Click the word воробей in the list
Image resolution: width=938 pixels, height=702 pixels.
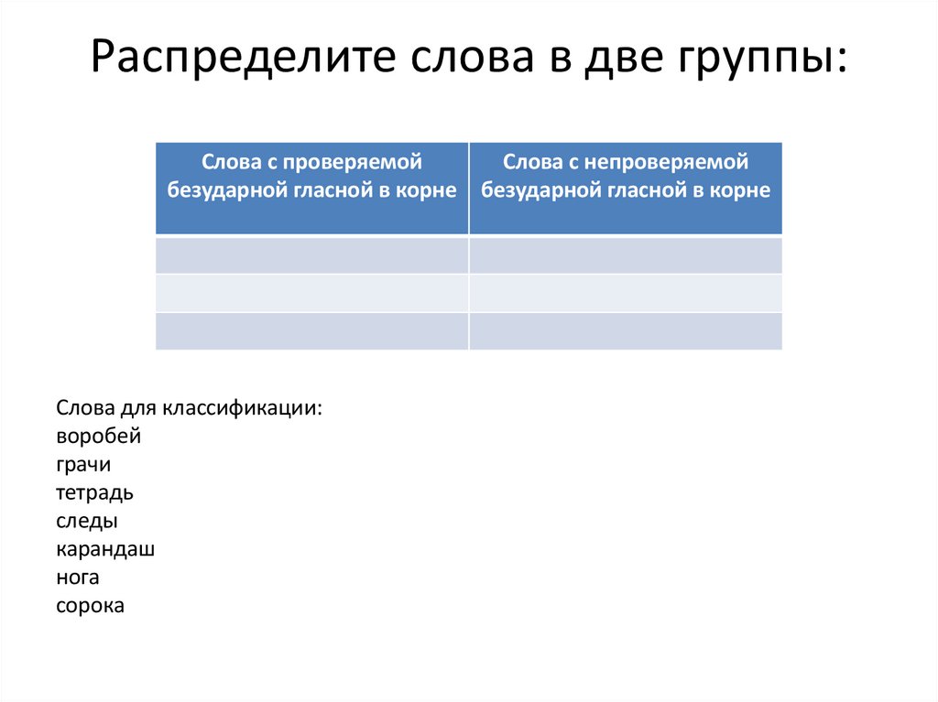(x=99, y=437)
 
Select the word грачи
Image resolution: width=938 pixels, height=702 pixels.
(x=83, y=465)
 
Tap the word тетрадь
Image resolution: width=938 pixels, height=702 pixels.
(x=95, y=493)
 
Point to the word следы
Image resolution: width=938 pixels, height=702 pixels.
(x=87, y=521)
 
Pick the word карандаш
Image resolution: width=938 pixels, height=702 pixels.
(x=105, y=549)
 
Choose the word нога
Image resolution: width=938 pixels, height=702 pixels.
(x=78, y=578)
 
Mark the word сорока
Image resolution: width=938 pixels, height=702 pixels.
(x=90, y=605)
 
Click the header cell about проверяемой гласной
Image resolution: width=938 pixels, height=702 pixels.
(x=312, y=189)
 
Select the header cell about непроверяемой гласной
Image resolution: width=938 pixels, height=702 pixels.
(x=626, y=189)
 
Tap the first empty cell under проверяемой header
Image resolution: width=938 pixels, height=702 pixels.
(x=312, y=255)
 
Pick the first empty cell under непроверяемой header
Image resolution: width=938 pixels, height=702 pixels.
(x=626, y=255)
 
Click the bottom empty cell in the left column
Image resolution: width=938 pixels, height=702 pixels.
(x=312, y=330)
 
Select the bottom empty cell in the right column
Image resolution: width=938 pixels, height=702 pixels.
(x=626, y=330)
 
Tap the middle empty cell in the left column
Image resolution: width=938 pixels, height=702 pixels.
(x=312, y=293)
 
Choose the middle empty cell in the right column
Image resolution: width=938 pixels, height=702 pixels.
(x=626, y=293)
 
